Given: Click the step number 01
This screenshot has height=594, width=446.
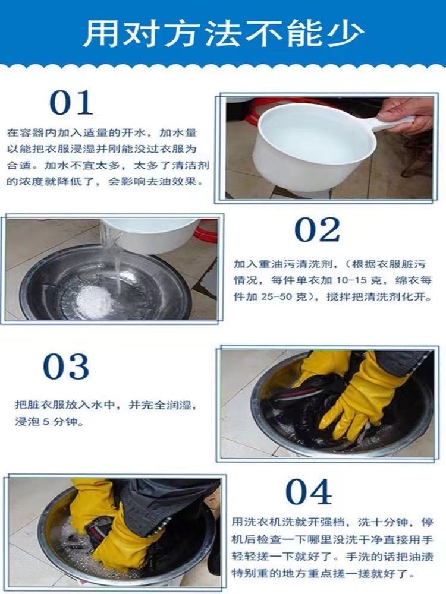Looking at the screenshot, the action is pyautogui.click(x=71, y=103).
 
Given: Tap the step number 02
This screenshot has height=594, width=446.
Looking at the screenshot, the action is pyautogui.click(x=317, y=230).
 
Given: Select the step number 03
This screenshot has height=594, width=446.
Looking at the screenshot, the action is pyautogui.click(x=66, y=366).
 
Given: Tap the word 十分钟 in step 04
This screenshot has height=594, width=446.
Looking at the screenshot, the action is pyautogui.click(x=388, y=522).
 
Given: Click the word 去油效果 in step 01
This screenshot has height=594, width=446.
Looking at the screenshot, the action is pyautogui.click(x=177, y=181).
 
